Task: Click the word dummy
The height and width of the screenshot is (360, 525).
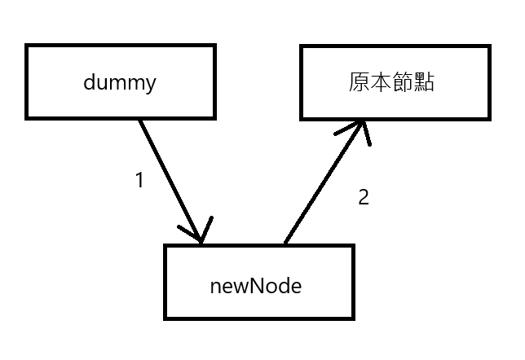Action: coord(119,82)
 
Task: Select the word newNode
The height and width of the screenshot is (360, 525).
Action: coord(256,286)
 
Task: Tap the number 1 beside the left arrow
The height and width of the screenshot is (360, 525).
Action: coord(139,181)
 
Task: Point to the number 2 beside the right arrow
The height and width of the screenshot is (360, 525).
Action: coord(364,196)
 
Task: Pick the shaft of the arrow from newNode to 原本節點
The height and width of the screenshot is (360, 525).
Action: coord(321,183)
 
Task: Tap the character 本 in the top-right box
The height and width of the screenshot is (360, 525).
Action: coord(382,82)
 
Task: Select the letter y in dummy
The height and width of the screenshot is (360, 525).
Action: coord(150,84)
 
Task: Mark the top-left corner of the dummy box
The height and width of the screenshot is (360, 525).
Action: coord(26,46)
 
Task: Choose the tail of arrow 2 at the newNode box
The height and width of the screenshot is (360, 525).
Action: coord(285,243)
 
